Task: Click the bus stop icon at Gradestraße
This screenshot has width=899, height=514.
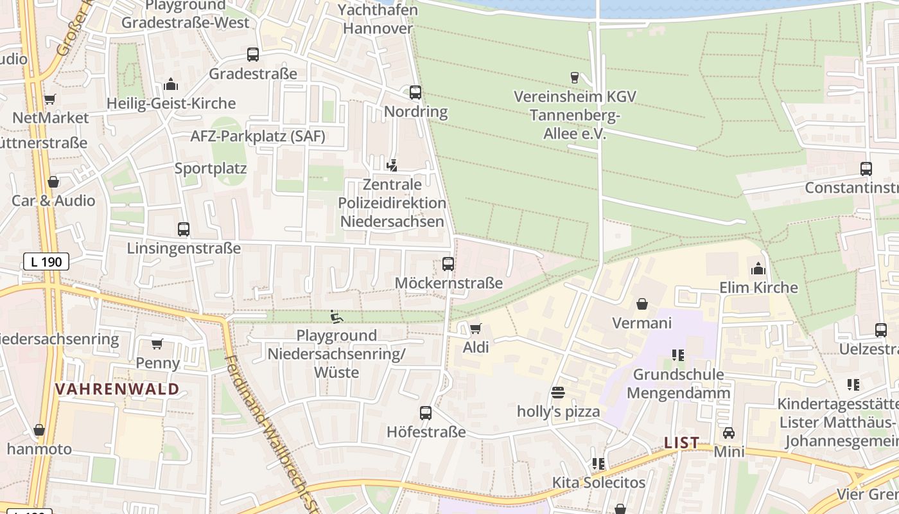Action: [253, 55]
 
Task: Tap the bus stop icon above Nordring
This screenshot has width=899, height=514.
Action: [415, 93]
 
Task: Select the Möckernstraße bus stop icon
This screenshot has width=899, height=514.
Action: [448, 264]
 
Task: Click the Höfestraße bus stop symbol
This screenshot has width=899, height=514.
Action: [426, 413]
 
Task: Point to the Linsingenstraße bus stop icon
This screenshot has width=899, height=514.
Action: [184, 229]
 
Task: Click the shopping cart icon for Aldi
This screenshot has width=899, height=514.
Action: [476, 329]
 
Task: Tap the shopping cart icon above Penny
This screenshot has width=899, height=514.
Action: [157, 344]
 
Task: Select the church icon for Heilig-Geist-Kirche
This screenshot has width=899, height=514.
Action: [171, 84]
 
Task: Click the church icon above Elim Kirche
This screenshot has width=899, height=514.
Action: [758, 269]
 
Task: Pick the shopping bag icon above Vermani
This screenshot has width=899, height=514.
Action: [642, 304]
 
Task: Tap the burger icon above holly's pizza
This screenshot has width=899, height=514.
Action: [558, 393]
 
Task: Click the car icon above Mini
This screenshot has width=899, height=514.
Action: [729, 433]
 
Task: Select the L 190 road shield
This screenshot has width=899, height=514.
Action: [46, 261]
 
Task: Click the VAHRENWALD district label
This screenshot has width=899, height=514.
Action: [117, 389]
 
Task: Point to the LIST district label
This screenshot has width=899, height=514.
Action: [681, 443]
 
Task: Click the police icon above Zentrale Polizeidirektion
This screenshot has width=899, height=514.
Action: [392, 166]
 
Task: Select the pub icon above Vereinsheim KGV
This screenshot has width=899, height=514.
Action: [575, 78]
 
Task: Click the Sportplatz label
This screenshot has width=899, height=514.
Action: [211, 169]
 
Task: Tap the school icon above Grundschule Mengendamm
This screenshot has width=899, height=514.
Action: [678, 355]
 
